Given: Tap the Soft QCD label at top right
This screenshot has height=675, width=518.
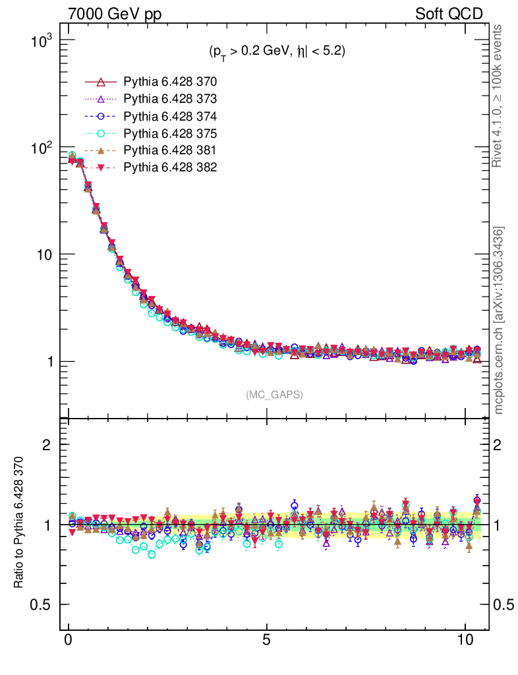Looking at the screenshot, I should [449, 14].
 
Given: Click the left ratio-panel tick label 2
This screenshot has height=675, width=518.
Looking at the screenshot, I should [47, 445].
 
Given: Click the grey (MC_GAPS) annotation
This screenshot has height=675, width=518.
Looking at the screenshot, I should [274, 394].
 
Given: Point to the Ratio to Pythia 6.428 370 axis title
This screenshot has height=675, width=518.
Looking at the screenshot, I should [20, 521].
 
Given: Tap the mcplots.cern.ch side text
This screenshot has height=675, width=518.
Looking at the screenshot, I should [500, 320].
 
